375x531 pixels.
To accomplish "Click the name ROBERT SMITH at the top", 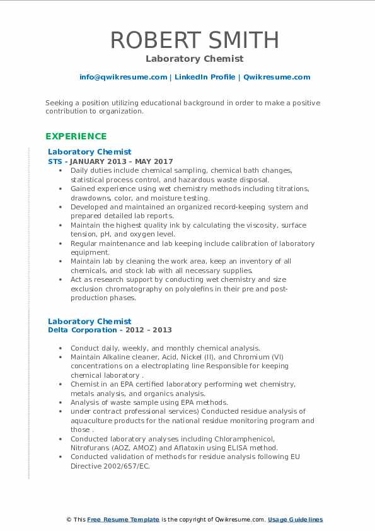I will [x=195, y=40].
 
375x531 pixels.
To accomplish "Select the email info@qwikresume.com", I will [x=123, y=77].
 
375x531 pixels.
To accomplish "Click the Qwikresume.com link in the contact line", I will [x=277, y=77].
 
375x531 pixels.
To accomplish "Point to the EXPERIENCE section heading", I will [x=76, y=136].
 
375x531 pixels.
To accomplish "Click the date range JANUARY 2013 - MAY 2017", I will [x=123, y=161].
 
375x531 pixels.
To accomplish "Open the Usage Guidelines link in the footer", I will [x=296, y=520].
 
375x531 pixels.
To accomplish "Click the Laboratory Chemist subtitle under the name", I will [x=195, y=59].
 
